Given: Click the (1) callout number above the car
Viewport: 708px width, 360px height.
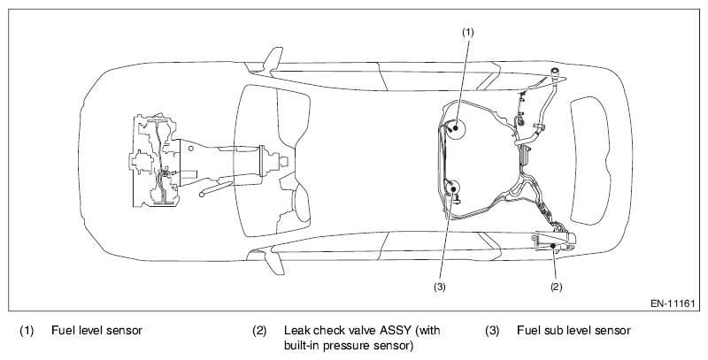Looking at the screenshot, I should click(x=469, y=31).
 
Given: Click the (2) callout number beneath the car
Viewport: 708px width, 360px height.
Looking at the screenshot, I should click(x=557, y=287).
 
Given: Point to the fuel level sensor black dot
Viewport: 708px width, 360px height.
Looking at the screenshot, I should click(x=457, y=129).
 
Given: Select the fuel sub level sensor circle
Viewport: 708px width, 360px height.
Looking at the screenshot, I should click(x=451, y=188).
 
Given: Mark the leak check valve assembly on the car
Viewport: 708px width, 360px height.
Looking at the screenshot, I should click(x=554, y=242).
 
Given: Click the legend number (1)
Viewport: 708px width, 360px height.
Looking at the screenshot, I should click(x=27, y=332).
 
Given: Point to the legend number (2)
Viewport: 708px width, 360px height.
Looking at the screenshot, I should click(x=259, y=332).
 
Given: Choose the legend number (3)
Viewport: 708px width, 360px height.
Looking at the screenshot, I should click(x=492, y=332).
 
